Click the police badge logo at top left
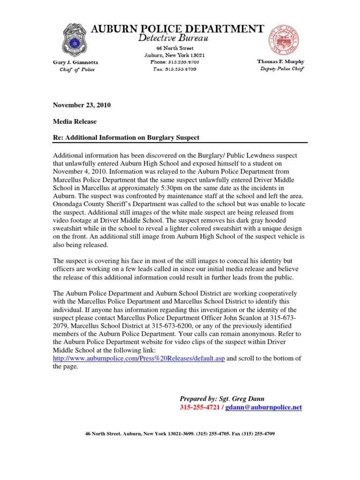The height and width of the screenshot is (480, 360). (75, 40)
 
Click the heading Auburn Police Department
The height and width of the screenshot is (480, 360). (177, 29)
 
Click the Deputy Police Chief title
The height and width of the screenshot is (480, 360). (282, 69)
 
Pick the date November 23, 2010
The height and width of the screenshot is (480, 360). (82, 105)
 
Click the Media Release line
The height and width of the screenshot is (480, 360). (75, 121)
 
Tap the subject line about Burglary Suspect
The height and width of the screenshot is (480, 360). (126, 137)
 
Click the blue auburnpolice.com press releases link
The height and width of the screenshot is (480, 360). (139, 359)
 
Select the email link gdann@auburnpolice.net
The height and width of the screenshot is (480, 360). (263, 408)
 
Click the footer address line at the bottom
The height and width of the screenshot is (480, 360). (180, 434)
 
